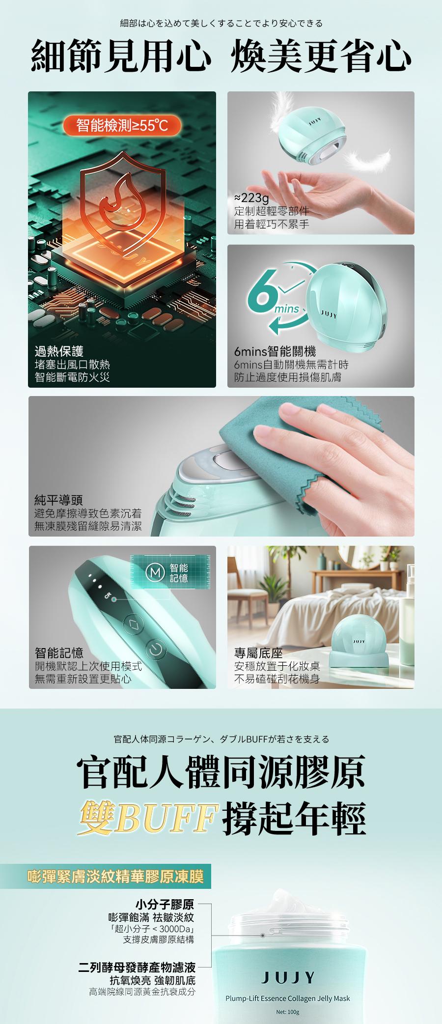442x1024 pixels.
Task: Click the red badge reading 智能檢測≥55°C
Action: click(122, 126)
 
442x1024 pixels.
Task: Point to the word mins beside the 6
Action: click(287, 309)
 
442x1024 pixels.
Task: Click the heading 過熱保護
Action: click(59, 351)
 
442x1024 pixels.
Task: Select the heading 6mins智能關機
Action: click(275, 351)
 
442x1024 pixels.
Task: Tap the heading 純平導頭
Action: click(58, 500)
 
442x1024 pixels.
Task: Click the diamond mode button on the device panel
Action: click(132, 625)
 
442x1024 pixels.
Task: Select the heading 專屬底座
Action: click(259, 653)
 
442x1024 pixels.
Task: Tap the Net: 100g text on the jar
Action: click(287, 1012)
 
